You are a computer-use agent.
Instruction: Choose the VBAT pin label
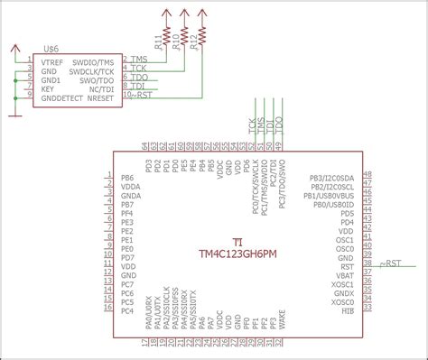pyautogui.click(x=345, y=274)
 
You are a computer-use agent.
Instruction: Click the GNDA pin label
pyautogui.click(x=131, y=196)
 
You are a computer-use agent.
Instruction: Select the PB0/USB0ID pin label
pyautogui.click(x=333, y=204)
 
